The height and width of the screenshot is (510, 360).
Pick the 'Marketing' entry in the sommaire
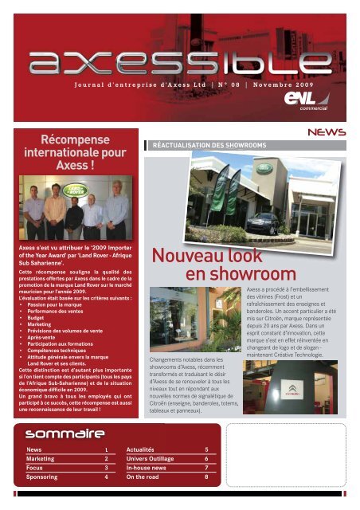41,459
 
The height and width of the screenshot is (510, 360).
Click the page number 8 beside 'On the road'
207,477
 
